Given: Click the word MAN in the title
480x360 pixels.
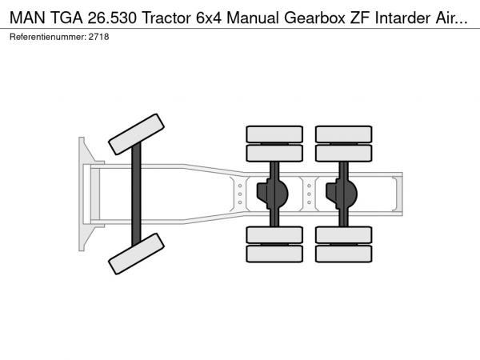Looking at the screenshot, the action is point(27,18).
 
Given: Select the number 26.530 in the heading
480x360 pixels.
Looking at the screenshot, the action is point(112,18).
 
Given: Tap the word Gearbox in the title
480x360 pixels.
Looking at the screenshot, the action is point(314,18).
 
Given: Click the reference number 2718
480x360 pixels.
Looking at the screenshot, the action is point(98,37).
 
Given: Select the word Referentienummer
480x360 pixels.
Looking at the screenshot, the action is point(48,37).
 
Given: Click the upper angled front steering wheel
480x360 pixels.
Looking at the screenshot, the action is point(137,134).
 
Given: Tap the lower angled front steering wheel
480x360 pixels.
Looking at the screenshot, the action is point(137,254).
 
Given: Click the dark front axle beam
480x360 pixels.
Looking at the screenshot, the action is point(136,194).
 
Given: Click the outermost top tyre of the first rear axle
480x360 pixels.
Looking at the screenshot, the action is point(274,134).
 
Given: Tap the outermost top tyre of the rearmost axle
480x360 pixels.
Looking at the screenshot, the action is point(344,134).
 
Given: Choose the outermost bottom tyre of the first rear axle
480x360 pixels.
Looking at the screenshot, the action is point(274,254).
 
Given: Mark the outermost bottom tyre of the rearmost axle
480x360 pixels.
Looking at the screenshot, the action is point(344,254).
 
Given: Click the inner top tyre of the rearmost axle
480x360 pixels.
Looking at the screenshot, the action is point(344,153).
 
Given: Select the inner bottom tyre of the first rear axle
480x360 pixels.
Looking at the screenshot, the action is point(274,235).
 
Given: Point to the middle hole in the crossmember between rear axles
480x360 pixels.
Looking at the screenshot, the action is point(309,194).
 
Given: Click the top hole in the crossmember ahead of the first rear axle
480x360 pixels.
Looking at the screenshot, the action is point(240,186).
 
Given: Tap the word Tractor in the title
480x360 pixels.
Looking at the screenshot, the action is point(166,18).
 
